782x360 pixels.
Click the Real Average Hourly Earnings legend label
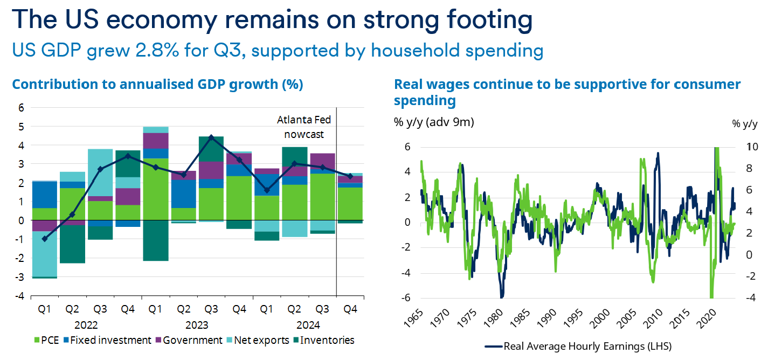(585, 346)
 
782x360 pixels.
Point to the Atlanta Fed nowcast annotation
(305, 127)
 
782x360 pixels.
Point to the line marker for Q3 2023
(211, 137)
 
